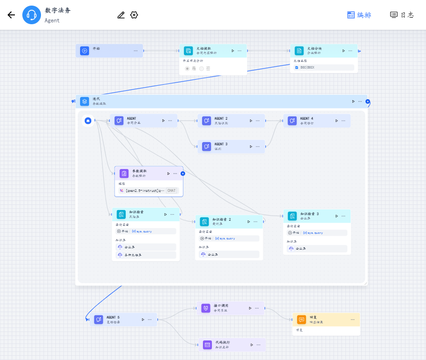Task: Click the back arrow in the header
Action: click(11, 15)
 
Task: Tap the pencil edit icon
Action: click(121, 15)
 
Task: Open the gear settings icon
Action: click(134, 15)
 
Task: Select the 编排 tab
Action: click(359, 15)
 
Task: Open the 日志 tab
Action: click(401, 15)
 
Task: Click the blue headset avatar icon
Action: click(32, 15)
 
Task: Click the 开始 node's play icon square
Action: click(84, 51)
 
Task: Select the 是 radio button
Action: click(188, 68)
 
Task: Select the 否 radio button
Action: click(202, 68)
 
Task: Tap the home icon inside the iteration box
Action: click(88, 121)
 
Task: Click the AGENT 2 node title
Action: click(221, 119)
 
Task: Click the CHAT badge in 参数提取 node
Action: click(172, 190)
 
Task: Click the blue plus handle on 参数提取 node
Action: click(183, 173)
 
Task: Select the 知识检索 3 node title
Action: click(310, 214)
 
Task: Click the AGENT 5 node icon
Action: click(99, 319)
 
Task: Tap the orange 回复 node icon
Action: click(302, 319)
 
